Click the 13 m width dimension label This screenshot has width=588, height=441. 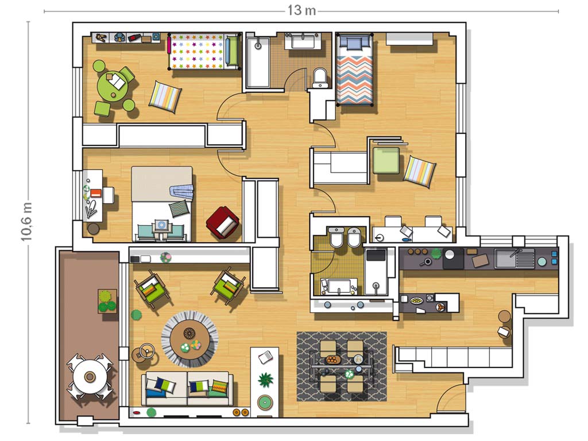pyautogui.click(x=301, y=10)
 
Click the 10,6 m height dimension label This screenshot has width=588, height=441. pyautogui.click(x=26, y=222)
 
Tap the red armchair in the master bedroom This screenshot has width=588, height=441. pyautogui.click(x=223, y=223)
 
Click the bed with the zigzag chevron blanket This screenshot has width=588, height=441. pyautogui.click(x=355, y=70)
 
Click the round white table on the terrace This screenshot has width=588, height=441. pyautogui.click(x=90, y=376)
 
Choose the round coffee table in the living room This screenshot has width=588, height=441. pyautogui.click(x=189, y=339)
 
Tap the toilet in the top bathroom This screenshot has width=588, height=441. pyautogui.click(x=320, y=78)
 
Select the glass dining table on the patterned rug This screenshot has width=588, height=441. pyautogui.click(x=341, y=365)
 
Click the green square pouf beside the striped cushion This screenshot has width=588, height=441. pyautogui.click(x=386, y=161)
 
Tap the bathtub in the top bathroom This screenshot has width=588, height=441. pyautogui.click(x=258, y=62)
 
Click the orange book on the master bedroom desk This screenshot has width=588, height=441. pyautogui.click(x=96, y=193)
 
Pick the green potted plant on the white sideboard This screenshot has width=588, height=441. pyautogui.click(x=265, y=380)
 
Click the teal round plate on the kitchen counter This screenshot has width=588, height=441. pyautogui.click(x=541, y=261)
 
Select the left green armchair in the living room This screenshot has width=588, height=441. pyautogui.click(x=152, y=288)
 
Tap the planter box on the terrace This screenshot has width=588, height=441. pyautogui.click(x=107, y=301)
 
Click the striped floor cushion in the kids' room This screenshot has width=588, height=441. pyautogui.click(x=165, y=96)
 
